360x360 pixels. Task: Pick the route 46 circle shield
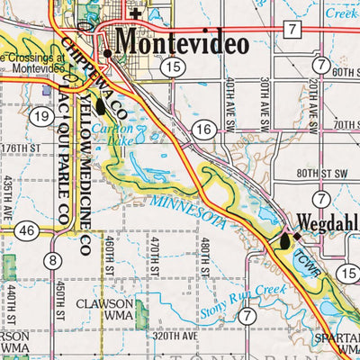coord(26,231)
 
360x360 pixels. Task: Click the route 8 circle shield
coord(54,261)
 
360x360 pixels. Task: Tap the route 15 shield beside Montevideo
coord(173,67)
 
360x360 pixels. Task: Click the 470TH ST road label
coord(154,257)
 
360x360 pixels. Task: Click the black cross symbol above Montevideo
coord(136,13)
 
